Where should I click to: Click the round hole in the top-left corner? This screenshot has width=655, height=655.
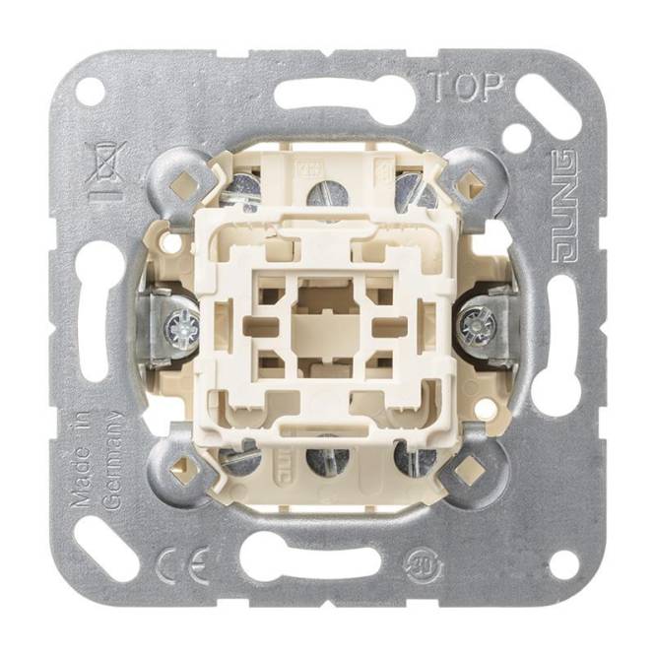point(90,92)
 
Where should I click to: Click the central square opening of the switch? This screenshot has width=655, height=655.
point(327,315)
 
